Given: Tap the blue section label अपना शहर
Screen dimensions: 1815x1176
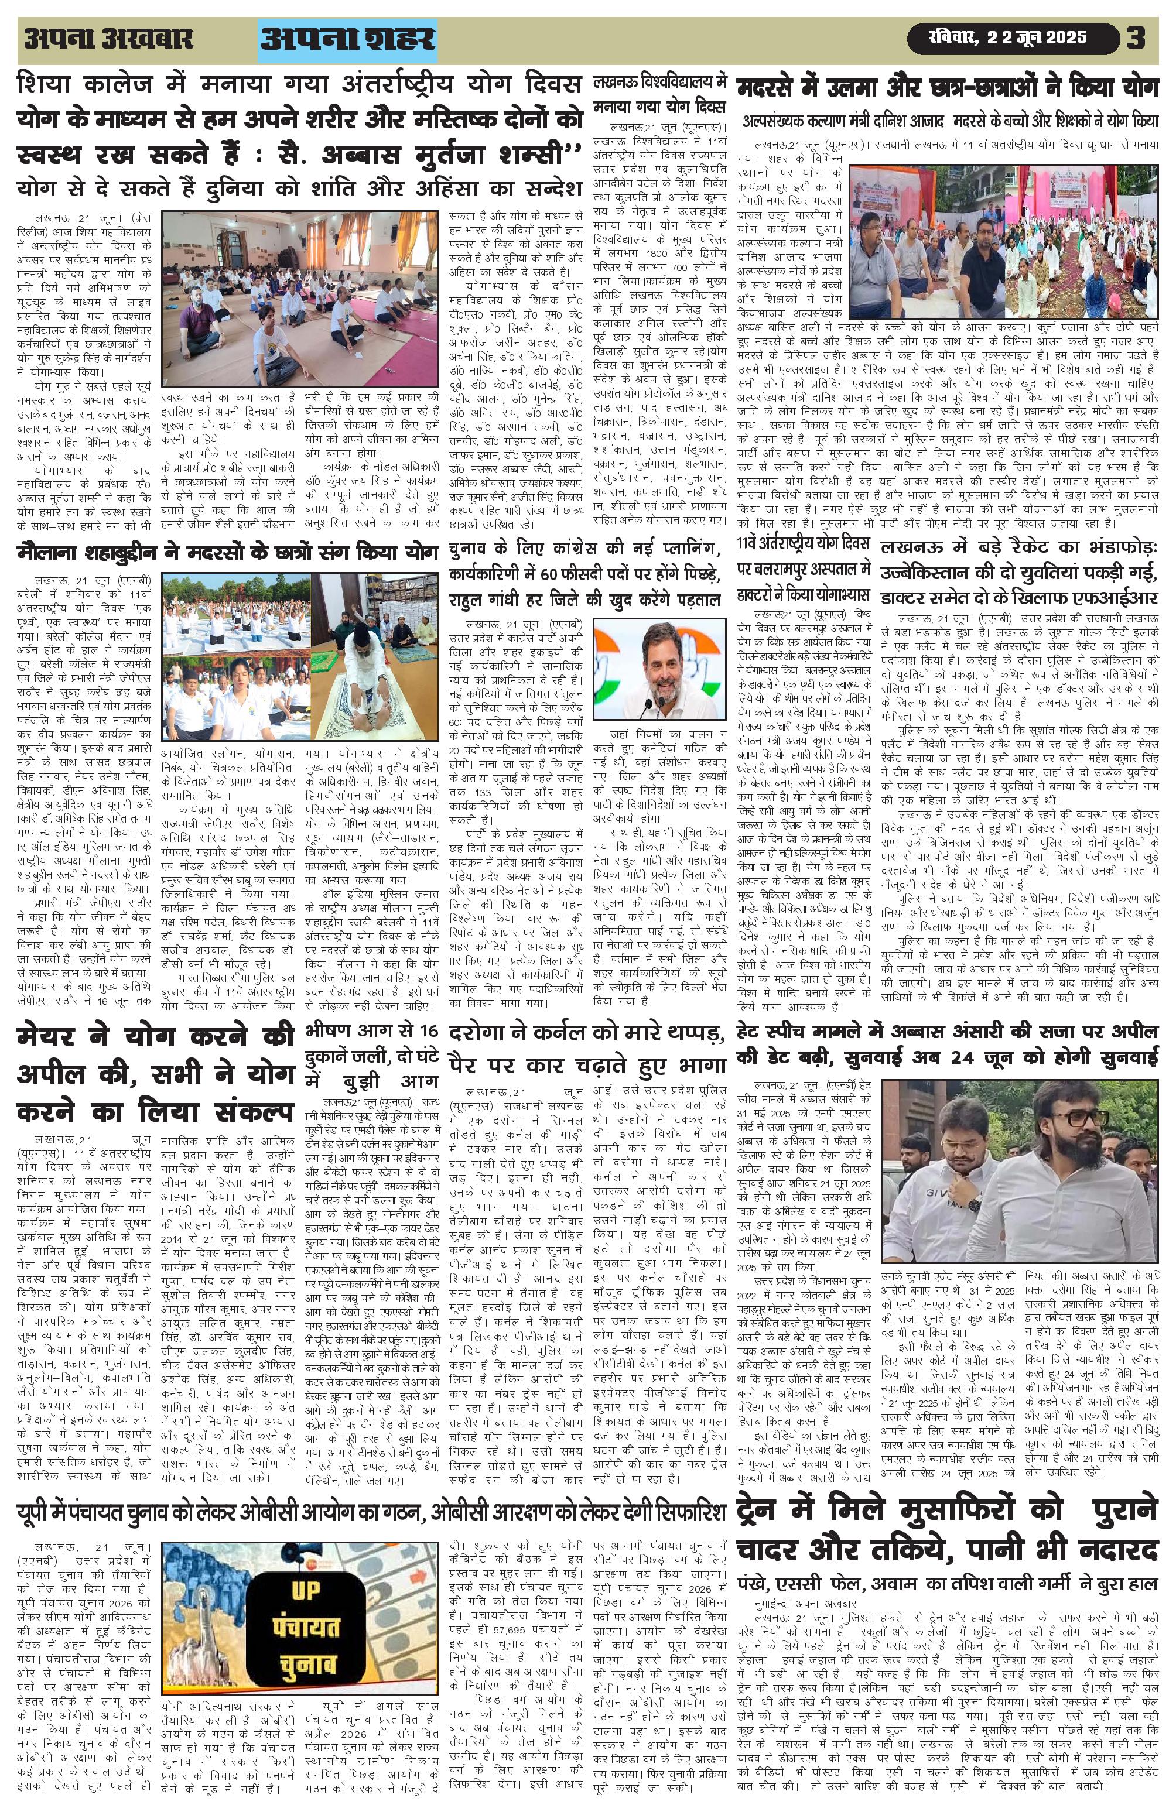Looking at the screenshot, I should pyautogui.click(x=347, y=39).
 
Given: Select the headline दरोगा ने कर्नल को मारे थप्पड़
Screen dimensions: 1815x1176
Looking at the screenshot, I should pyautogui.click(x=586, y=1048).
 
